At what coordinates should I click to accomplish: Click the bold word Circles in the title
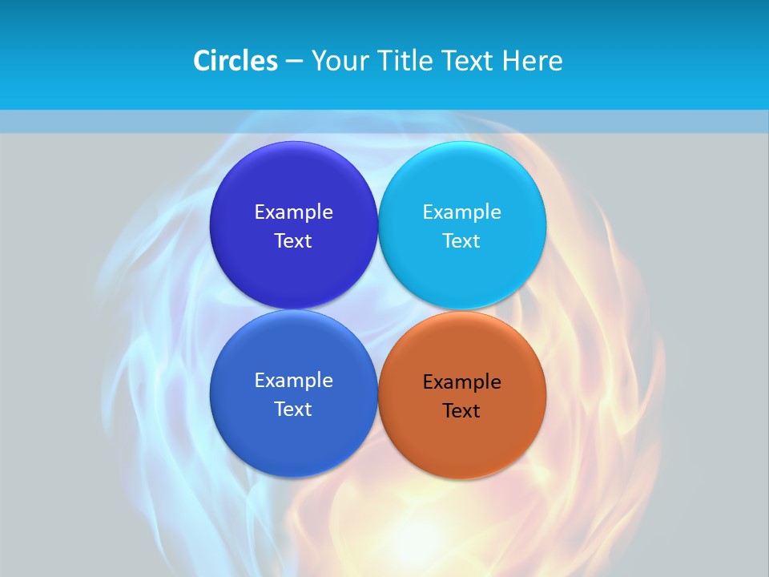pos(236,61)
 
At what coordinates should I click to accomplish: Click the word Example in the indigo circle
pos(293,212)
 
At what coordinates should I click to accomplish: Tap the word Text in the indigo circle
pos(293,240)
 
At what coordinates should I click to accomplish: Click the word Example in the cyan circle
pos(461,212)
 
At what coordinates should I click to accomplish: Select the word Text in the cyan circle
pos(461,240)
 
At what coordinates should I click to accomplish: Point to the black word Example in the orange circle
pos(461,381)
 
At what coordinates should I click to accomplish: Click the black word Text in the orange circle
pos(461,410)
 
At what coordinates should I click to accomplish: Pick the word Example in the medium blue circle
pos(293,380)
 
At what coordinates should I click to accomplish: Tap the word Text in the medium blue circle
pos(293,409)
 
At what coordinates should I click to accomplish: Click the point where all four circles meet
pos(377,309)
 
